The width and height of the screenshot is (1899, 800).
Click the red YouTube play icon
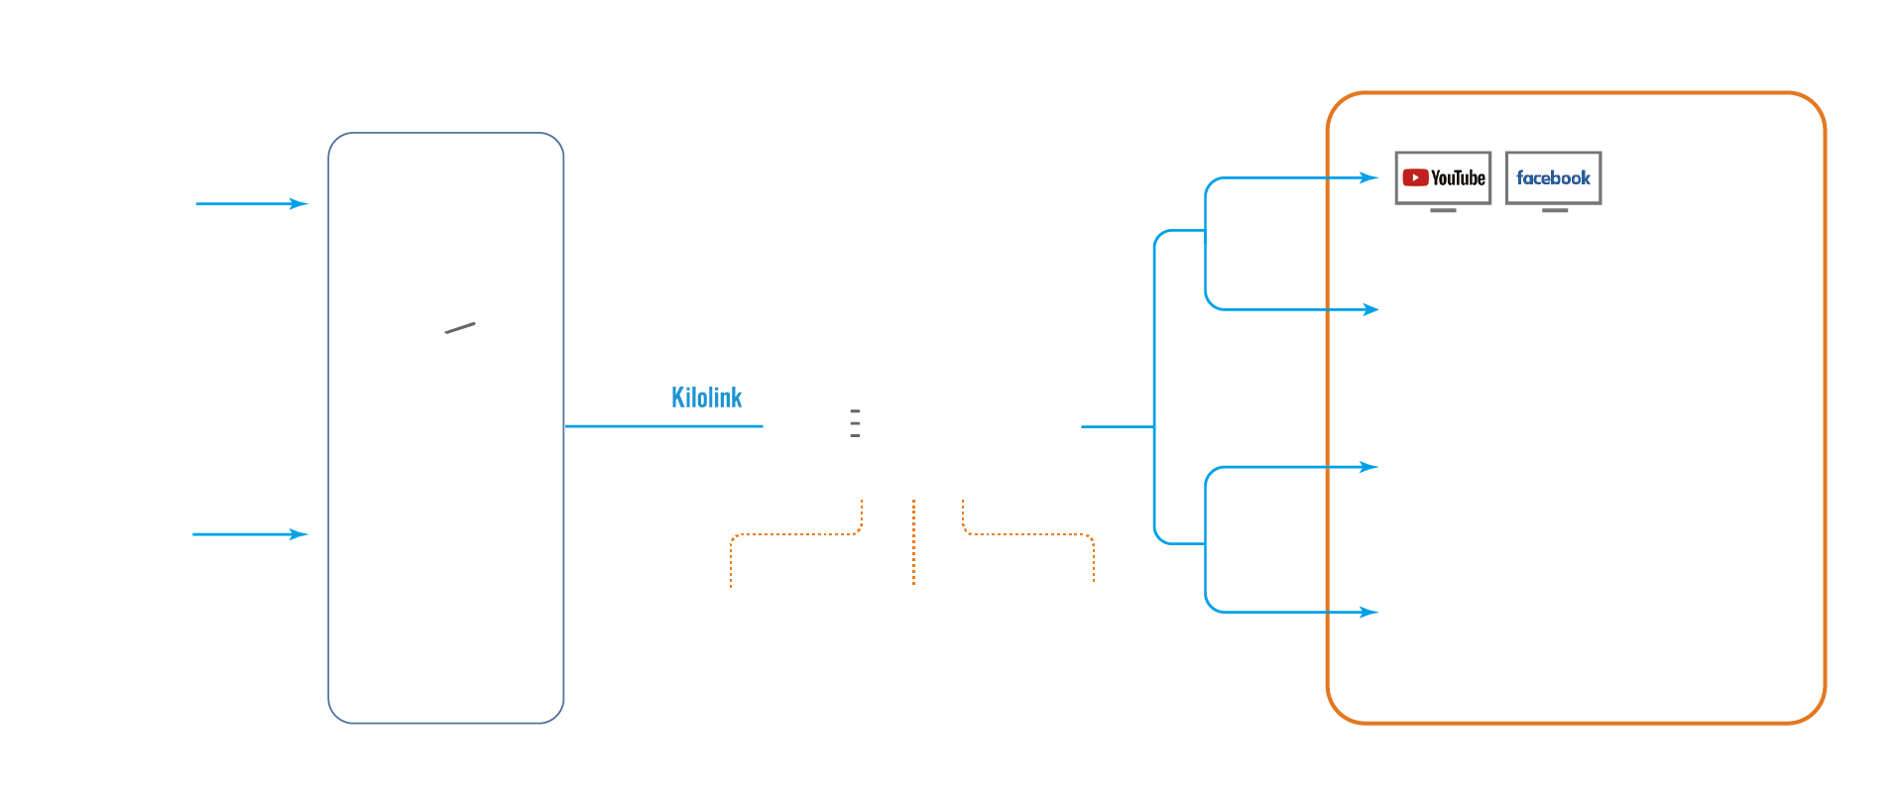(1415, 177)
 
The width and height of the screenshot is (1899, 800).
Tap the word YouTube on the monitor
(1458, 178)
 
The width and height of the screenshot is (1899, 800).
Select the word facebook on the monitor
(1553, 178)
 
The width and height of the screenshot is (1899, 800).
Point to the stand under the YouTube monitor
(1443, 210)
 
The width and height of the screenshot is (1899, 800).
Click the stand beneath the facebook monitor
(1555, 210)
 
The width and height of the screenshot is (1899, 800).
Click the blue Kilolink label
(706, 398)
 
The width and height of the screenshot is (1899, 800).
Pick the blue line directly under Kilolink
(662, 426)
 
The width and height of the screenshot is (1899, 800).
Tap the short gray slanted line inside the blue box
(460, 328)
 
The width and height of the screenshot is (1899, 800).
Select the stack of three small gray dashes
(855, 423)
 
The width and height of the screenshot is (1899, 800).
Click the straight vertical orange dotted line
(913, 542)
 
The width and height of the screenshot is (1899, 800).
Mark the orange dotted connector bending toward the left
(793, 535)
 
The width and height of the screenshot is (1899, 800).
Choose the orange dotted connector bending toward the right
(1031, 535)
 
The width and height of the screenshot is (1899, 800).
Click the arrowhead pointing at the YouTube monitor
(1369, 178)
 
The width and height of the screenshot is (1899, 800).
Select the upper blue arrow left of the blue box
(253, 204)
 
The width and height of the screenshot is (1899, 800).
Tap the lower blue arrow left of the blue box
(251, 534)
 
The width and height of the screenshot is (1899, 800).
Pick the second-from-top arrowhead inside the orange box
(1370, 310)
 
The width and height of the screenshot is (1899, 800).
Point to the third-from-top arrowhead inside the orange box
(1369, 467)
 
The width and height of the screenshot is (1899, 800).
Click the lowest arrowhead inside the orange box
(1369, 613)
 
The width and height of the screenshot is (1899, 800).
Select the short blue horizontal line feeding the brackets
(1117, 426)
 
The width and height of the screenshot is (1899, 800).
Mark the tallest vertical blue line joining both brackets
(1154, 387)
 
